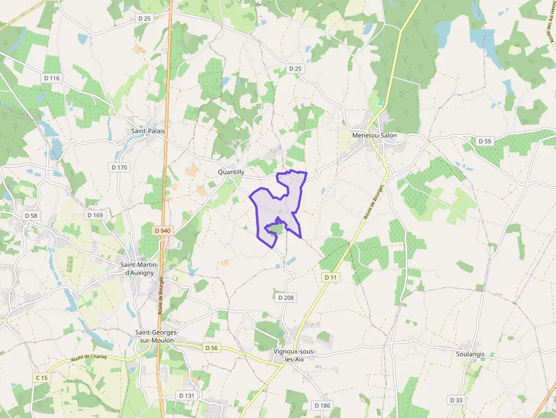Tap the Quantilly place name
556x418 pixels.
(231, 172)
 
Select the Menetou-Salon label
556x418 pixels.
(374, 136)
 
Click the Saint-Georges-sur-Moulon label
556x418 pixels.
(157, 336)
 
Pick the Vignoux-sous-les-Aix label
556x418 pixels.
(294, 356)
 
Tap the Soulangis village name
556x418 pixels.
(470, 354)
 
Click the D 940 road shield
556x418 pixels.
(163, 231)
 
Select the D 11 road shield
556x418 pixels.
(331, 277)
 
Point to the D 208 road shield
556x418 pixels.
(287, 297)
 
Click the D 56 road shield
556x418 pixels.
(212, 347)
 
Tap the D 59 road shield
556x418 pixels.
(485, 141)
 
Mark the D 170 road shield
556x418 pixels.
(120, 167)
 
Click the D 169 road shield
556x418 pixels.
(95, 216)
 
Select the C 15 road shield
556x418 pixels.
(41, 377)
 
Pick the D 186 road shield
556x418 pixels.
(322, 405)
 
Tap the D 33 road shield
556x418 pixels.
(457, 400)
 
